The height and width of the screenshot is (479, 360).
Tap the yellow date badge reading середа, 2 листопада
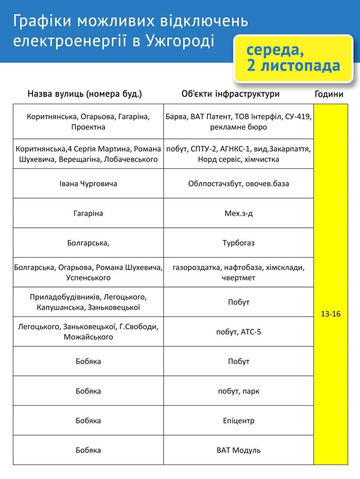(294, 58)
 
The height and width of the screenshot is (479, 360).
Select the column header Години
(329, 94)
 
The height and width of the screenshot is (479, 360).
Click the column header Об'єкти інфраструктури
(230, 94)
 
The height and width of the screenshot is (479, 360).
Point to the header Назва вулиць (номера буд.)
(85, 94)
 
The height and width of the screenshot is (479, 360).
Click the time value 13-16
(331, 314)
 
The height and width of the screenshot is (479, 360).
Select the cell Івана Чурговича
(88, 184)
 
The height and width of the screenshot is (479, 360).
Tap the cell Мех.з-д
(239, 213)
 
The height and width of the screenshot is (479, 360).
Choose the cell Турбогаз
(239, 243)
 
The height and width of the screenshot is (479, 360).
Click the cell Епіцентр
(239, 421)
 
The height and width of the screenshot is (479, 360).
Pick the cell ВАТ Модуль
(239, 450)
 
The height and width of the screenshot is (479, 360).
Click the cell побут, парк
(239, 391)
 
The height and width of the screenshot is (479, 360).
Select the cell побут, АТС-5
(239, 332)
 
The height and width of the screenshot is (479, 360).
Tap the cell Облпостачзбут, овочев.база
(239, 184)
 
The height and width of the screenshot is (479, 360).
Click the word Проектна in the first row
(88, 127)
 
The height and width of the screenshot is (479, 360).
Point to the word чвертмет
(239, 278)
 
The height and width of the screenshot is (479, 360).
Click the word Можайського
(88, 337)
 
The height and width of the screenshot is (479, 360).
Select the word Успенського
(88, 278)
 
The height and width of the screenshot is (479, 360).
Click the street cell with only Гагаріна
(88, 213)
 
